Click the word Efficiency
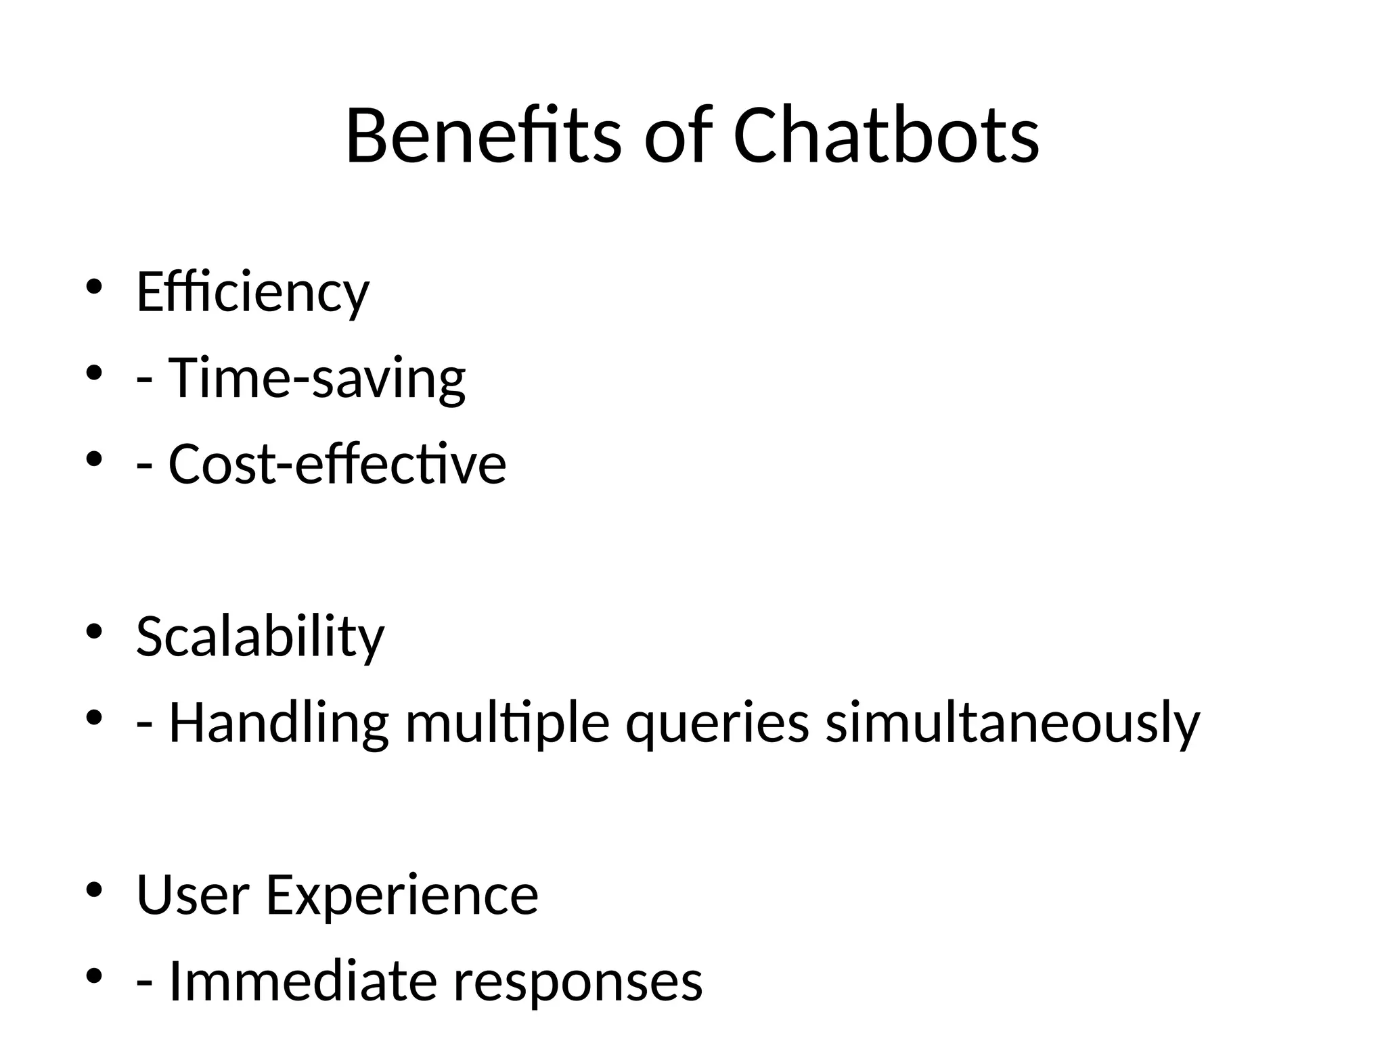(x=252, y=292)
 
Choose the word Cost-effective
(x=337, y=464)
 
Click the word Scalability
(x=260, y=637)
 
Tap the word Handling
(x=278, y=723)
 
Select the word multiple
(x=508, y=723)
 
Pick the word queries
(x=717, y=723)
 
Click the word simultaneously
(x=1012, y=723)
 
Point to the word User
(x=193, y=895)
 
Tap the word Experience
(x=402, y=895)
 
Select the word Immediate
(x=303, y=981)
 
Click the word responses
(x=578, y=981)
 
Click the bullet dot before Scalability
(x=93, y=632)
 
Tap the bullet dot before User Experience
(x=93, y=890)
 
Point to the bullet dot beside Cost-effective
(x=93, y=459)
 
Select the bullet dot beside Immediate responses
(x=93, y=975)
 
